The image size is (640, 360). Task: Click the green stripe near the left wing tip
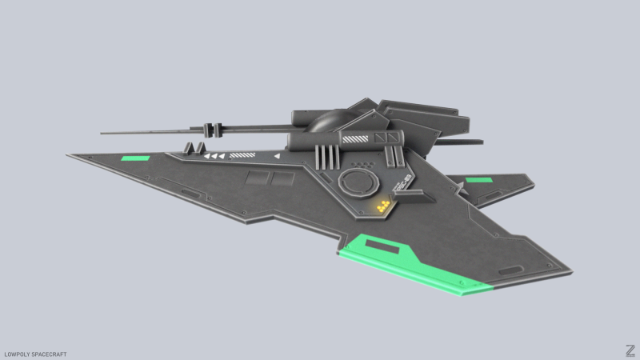[x=134, y=158]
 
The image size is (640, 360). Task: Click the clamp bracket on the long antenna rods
[x=213, y=129]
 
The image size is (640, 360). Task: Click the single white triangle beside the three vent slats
[x=278, y=156]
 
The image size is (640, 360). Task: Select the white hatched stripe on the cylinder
[x=356, y=138]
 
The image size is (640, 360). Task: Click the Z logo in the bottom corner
[x=630, y=350]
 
